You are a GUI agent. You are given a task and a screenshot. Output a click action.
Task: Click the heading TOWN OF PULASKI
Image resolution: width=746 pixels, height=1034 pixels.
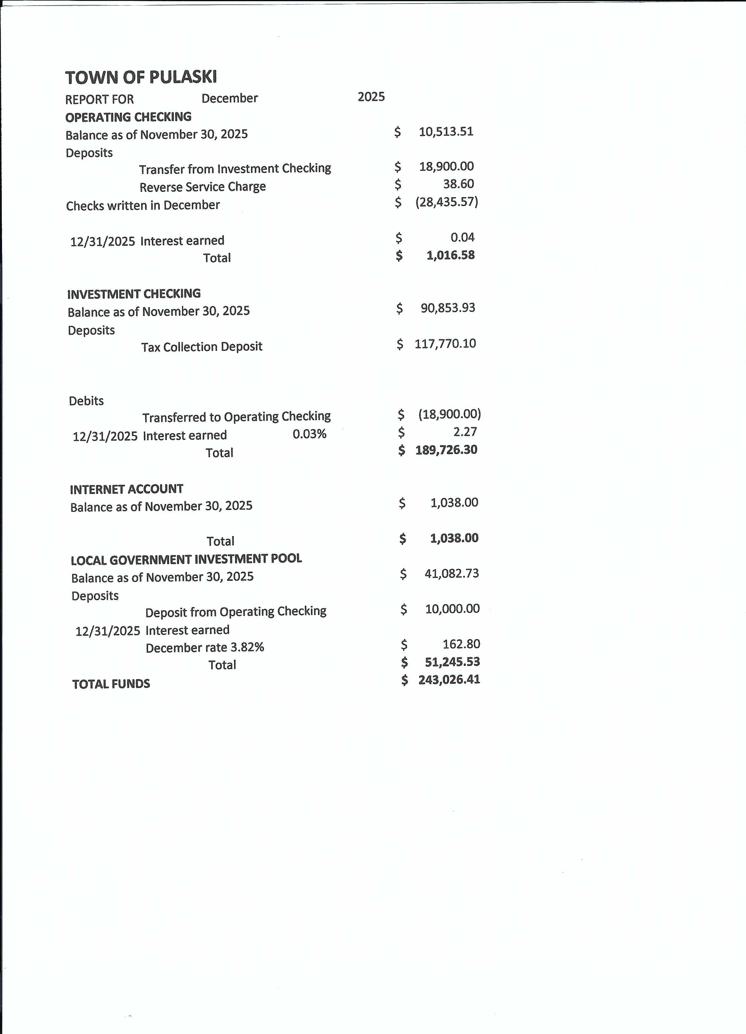[x=141, y=78]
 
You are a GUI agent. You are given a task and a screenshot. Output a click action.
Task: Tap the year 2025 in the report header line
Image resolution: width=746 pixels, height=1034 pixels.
[x=371, y=97]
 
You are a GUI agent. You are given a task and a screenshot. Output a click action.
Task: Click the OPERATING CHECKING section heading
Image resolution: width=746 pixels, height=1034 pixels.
[x=128, y=117]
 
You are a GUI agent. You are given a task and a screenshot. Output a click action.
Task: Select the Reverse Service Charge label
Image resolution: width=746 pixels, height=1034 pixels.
[x=202, y=187]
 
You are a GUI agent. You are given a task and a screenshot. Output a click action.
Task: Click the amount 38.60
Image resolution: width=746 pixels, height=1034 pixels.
[x=458, y=184]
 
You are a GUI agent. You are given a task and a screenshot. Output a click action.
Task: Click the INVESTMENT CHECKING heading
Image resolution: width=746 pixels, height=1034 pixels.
[x=134, y=293]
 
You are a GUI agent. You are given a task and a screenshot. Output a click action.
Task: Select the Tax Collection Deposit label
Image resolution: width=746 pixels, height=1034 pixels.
[x=202, y=347]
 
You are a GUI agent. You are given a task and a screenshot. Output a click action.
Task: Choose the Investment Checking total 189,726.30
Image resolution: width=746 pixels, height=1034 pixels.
[x=446, y=450]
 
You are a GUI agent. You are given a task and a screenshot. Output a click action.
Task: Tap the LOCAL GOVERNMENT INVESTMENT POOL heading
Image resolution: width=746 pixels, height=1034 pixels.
[x=186, y=559]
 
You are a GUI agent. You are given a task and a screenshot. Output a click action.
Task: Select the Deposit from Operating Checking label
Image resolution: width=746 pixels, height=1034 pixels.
[x=236, y=612]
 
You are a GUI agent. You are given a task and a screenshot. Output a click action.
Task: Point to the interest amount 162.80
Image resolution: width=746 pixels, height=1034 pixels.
[x=461, y=644]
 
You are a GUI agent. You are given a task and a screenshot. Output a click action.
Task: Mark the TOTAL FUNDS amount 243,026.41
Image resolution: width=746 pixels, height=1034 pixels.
[x=449, y=680]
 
